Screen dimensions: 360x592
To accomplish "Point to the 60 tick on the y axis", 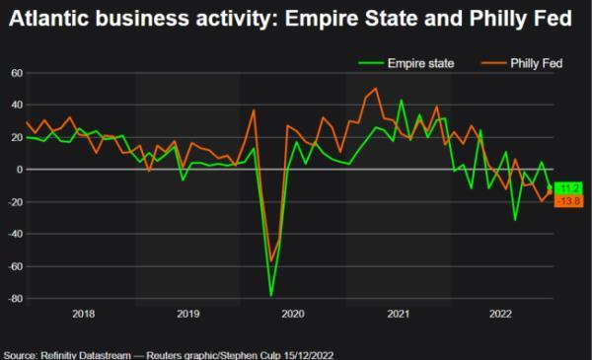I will click(x=17, y=72).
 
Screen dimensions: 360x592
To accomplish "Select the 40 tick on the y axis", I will click(x=17, y=105).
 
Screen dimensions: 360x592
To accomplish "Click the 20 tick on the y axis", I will click(x=17, y=137).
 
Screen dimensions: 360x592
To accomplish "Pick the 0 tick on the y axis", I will click(x=19, y=170).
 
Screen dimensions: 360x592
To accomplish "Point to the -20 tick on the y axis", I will click(x=15, y=202).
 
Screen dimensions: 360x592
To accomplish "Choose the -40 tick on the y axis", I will click(x=15, y=235).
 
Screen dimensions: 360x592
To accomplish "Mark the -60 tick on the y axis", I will click(x=15, y=267).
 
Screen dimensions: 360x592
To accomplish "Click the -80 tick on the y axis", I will click(x=15, y=299).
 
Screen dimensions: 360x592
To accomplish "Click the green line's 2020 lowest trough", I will click(x=271, y=295).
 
